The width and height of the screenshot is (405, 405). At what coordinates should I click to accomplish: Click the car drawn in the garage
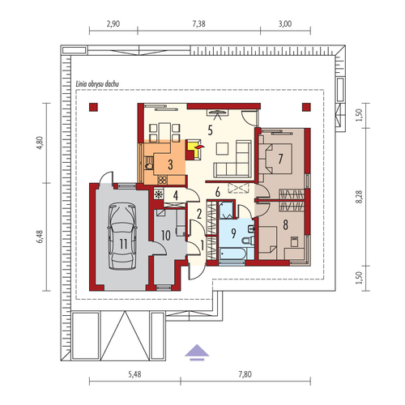tap(122, 237)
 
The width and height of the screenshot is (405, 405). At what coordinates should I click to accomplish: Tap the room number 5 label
tap(210, 130)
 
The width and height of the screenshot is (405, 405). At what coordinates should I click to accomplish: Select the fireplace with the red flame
tap(194, 150)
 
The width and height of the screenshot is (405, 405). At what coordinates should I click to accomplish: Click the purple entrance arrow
tap(197, 352)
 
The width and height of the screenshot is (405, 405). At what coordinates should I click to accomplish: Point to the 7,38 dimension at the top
tap(199, 24)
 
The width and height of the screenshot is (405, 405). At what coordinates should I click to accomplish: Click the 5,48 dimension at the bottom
tap(134, 374)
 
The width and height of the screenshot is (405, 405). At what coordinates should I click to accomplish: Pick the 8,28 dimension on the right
tap(359, 197)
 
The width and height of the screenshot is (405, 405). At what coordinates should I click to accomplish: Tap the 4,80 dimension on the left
tap(40, 143)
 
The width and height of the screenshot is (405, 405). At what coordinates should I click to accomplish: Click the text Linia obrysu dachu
tap(97, 84)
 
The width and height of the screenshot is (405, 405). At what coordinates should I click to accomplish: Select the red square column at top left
tap(93, 107)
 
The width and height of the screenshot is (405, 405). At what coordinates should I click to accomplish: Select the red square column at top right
tap(306, 107)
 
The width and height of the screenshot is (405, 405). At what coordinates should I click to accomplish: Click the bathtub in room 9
tap(232, 254)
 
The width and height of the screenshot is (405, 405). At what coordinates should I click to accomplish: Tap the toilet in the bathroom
tap(248, 241)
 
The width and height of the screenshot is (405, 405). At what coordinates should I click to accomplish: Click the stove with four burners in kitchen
tap(162, 180)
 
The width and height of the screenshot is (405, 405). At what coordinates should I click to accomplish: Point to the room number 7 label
tap(280, 159)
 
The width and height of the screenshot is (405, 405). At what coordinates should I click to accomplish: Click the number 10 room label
tap(166, 236)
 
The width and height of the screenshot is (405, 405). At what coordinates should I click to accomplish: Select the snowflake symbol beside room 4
tap(159, 194)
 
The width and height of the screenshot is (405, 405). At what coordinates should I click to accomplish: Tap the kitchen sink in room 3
tap(148, 165)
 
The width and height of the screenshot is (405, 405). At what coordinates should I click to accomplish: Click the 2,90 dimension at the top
tap(113, 24)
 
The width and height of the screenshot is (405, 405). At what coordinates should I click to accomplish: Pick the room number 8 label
tap(285, 224)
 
